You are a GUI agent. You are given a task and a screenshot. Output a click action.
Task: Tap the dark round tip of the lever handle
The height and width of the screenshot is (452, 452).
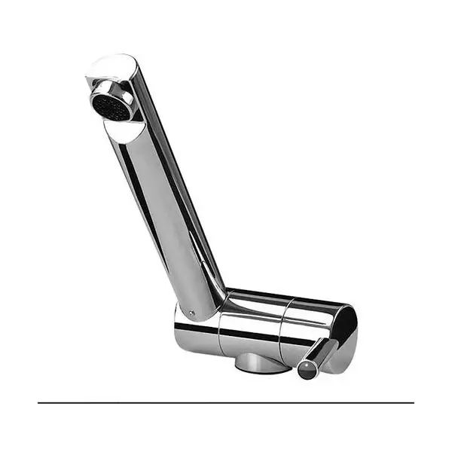307,369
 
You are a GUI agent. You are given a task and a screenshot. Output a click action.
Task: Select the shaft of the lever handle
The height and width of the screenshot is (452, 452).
322,353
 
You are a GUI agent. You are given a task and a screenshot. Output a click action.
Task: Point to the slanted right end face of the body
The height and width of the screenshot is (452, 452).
346,328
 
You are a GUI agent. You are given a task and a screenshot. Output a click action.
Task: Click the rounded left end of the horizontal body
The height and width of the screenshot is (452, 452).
181,328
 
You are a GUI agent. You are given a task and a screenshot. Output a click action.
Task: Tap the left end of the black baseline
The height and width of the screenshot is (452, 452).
39,403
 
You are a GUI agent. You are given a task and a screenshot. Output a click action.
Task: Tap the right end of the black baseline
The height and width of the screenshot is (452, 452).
413,403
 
